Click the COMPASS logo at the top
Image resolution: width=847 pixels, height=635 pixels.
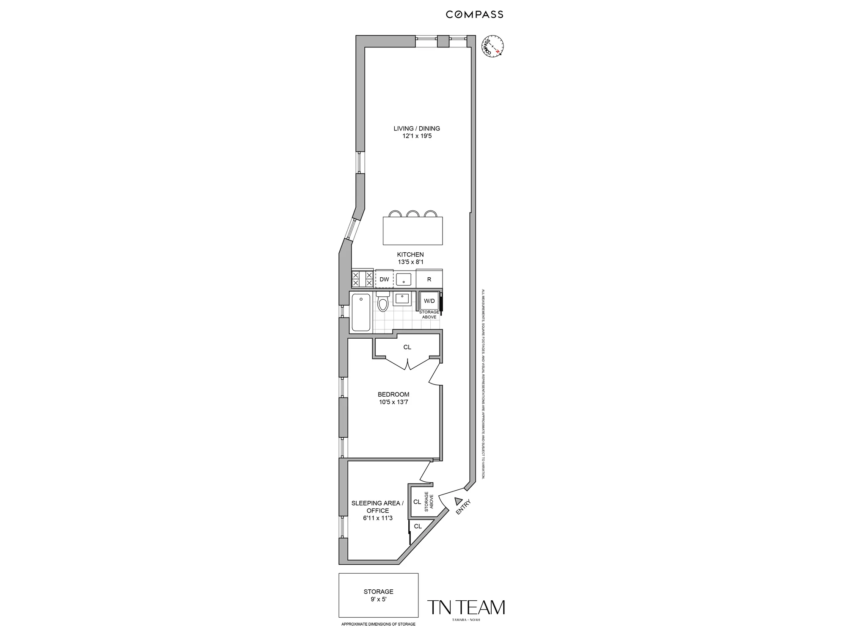click(x=474, y=14)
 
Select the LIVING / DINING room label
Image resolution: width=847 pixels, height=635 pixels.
click(x=417, y=128)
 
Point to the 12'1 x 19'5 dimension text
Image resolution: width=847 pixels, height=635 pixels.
click(x=417, y=136)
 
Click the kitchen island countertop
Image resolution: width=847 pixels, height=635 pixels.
click(x=412, y=231)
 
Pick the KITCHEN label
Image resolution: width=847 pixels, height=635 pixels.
click(x=410, y=254)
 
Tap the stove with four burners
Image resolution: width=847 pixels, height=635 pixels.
click(x=362, y=279)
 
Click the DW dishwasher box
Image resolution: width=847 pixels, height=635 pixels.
click(x=384, y=279)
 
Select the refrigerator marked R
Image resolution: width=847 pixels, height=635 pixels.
click(x=429, y=279)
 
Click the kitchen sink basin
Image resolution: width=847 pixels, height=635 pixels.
click(x=404, y=279)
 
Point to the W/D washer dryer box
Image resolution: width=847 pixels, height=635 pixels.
click(x=429, y=301)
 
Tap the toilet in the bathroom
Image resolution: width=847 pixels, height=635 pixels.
click(x=383, y=303)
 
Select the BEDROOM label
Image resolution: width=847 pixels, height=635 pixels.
click(x=393, y=394)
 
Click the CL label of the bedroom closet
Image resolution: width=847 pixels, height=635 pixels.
click(x=407, y=347)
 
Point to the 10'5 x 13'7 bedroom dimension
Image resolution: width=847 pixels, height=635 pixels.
click(x=393, y=402)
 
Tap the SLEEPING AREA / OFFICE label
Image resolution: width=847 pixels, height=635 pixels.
click(x=377, y=507)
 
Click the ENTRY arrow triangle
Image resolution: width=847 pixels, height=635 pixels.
click(x=458, y=501)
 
